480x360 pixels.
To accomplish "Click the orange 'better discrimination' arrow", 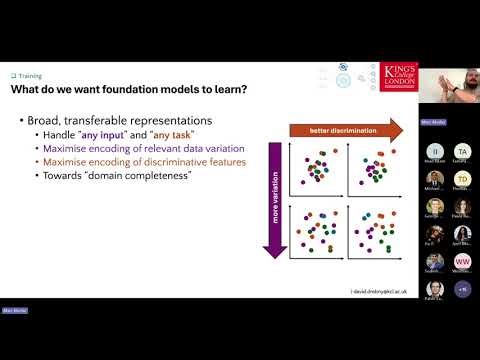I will [x=345, y=129].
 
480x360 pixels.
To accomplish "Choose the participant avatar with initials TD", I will [x=462, y=180].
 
